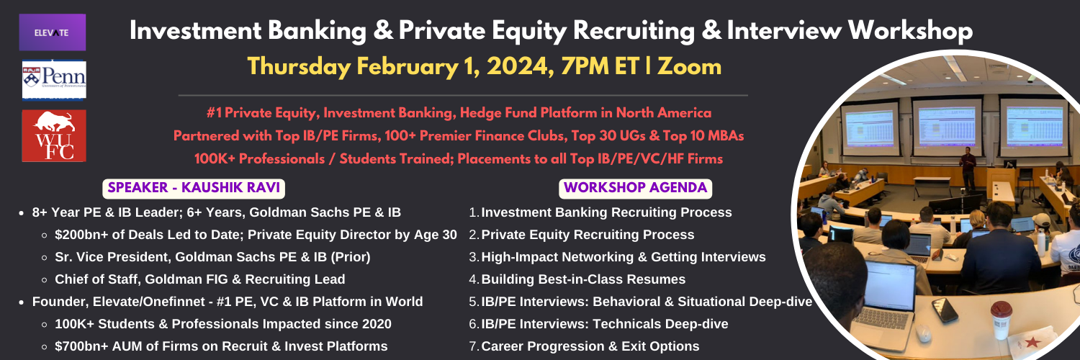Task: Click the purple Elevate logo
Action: coord(53,32)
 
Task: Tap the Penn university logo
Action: coord(54,79)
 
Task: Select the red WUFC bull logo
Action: coord(54,135)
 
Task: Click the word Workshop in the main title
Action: coord(910,31)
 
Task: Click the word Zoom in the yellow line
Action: coord(690,66)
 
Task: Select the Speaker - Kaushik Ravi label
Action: coord(194,188)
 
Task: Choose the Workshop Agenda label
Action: coord(636,188)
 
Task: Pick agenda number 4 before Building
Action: coord(474,279)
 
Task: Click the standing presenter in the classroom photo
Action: coord(968,168)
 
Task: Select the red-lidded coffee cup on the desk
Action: coord(1001,320)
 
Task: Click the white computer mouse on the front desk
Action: coord(923,333)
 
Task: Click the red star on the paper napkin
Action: coord(1032,342)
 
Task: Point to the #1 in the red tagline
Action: coord(214,113)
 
